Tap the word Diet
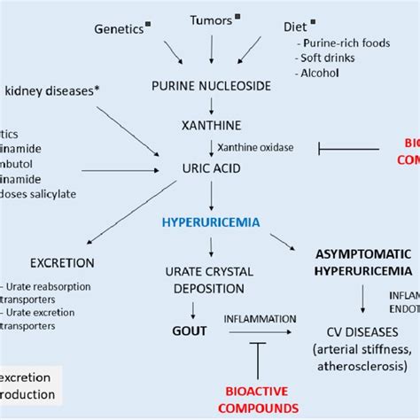pos(295,28)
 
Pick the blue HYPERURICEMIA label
pos(211,222)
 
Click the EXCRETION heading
pos(63,263)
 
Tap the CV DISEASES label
pos(362,330)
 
